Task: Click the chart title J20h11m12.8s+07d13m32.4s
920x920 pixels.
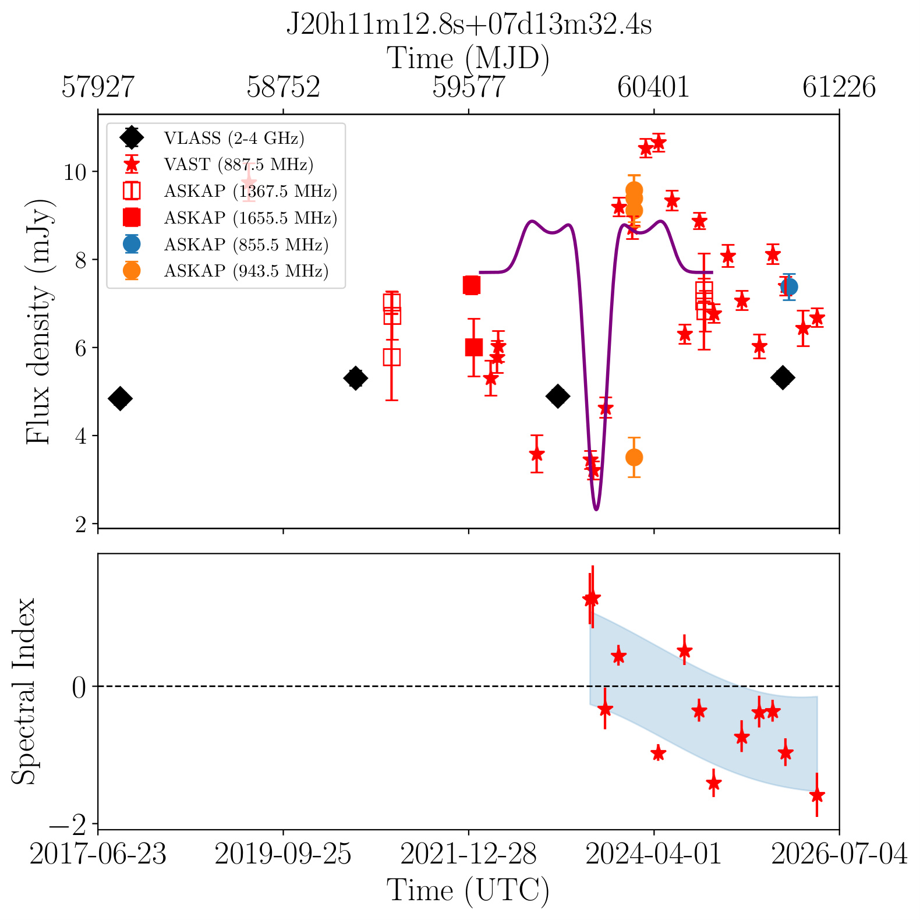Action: [469, 25]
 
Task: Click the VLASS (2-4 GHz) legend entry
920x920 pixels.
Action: [213, 138]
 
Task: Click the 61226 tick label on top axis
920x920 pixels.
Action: [839, 87]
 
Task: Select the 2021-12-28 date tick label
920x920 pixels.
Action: [469, 855]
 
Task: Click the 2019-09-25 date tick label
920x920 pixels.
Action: [283, 855]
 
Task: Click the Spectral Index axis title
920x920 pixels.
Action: [24, 691]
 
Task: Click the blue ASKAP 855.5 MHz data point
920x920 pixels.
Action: [789, 286]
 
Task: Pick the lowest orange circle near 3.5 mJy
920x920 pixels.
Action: [634, 457]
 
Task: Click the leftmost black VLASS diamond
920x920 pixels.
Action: [120, 399]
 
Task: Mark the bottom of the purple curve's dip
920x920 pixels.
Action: [596, 509]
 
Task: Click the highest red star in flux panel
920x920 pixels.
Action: [659, 142]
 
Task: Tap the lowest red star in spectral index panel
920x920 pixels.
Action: [817, 795]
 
